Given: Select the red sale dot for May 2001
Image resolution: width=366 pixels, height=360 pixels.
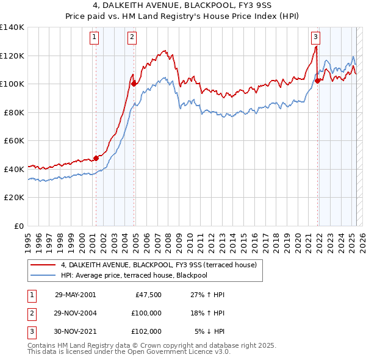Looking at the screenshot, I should [96, 158].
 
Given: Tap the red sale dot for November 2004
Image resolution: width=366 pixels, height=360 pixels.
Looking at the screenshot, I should [134, 84].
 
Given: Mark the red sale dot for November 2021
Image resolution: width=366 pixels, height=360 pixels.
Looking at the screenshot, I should [318, 81].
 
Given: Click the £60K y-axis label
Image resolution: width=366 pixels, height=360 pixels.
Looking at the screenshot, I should [14, 140].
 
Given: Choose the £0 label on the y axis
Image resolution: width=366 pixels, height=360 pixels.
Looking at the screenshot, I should [18, 226].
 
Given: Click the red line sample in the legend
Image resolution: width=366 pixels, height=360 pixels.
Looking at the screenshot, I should [43, 265].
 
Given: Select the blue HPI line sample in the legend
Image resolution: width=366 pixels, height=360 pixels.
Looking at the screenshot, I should [43, 275].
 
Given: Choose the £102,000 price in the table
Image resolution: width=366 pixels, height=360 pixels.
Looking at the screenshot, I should [146, 331].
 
